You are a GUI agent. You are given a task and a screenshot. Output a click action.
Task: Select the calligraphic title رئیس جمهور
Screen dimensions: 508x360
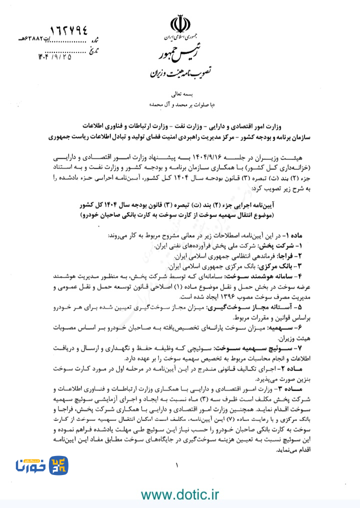point(179,54)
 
